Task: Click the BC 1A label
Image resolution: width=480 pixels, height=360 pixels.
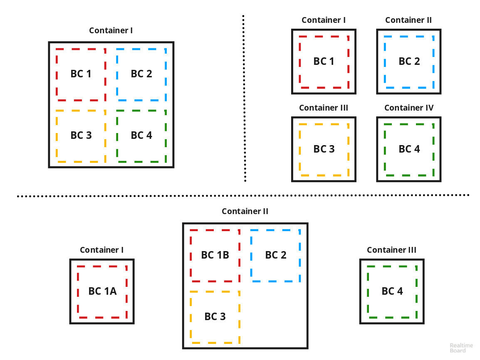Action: point(102,291)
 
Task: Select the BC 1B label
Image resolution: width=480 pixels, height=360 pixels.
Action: point(215,255)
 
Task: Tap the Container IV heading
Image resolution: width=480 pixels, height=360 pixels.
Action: point(409,108)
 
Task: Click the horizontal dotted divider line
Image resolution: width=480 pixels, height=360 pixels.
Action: point(243,195)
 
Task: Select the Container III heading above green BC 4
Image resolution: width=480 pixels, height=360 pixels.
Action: point(391,250)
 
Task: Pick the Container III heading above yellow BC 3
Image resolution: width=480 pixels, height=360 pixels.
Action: point(324,108)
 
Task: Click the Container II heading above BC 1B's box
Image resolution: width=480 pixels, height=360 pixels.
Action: point(245,211)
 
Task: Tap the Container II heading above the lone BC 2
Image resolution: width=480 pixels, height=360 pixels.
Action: point(408,20)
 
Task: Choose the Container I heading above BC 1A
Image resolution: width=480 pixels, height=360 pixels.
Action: point(102,250)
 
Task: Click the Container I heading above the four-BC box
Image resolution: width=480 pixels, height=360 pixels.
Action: point(111,30)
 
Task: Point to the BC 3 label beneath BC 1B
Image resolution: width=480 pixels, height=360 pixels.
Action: point(215,316)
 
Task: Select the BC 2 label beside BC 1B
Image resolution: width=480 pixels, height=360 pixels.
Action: point(276,255)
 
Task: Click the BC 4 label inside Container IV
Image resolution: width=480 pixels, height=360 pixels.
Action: point(409,149)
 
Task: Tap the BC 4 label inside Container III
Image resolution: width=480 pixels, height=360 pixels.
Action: point(392,291)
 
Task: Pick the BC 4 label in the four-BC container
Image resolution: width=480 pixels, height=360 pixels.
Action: point(141,135)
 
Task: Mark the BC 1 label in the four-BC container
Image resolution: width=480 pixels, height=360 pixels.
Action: point(81,74)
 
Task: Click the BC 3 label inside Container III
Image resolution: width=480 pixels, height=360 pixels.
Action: point(324,149)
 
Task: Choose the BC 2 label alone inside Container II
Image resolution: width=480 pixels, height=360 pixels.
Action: point(409,61)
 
